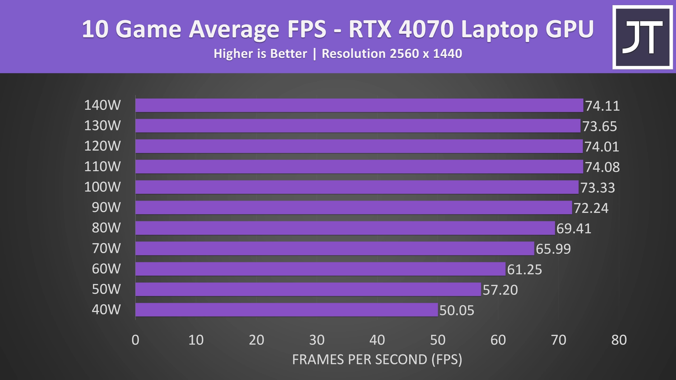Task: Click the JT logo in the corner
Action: (x=642, y=37)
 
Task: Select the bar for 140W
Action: (x=359, y=105)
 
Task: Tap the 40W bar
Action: (x=287, y=310)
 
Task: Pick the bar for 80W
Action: (x=345, y=228)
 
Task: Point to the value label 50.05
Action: (x=457, y=311)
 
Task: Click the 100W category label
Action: (x=102, y=187)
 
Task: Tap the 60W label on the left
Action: (x=106, y=269)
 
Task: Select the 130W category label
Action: (x=102, y=126)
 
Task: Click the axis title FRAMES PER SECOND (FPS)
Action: (x=377, y=359)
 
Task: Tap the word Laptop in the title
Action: (x=500, y=30)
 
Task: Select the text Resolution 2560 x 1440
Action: (x=392, y=54)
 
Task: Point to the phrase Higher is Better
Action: (x=260, y=54)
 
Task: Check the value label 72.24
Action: (x=591, y=208)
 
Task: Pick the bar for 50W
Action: (x=308, y=289)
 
